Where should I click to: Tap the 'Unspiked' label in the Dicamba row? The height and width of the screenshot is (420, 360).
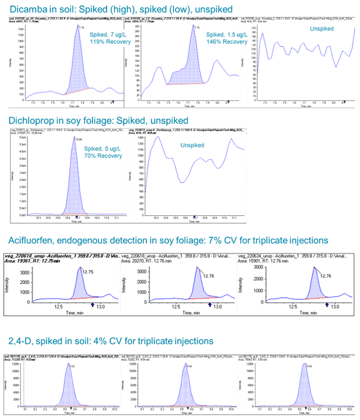point(322,29)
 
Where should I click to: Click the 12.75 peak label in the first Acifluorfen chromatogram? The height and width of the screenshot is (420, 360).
point(87,272)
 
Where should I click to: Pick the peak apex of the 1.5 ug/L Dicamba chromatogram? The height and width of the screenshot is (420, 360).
point(193,27)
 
